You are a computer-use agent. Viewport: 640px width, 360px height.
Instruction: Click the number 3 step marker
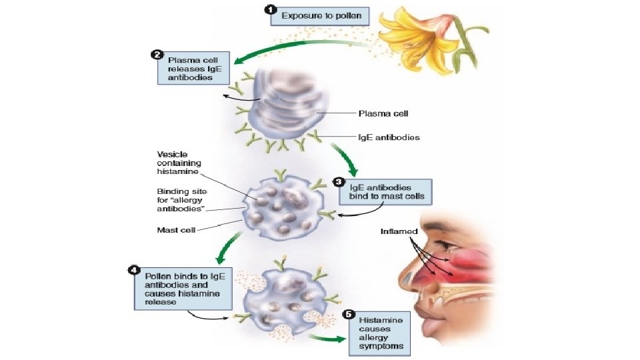click(x=339, y=181)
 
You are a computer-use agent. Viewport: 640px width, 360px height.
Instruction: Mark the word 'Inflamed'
click(x=399, y=231)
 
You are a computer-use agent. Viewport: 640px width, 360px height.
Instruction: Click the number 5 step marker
click(x=347, y=314)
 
